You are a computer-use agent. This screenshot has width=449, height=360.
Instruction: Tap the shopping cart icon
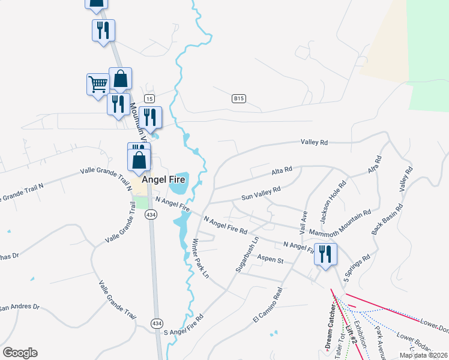click(97, 84)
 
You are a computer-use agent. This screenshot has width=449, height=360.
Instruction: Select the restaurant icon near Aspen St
click(325, 254)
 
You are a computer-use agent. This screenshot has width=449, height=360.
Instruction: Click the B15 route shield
click(239, 98)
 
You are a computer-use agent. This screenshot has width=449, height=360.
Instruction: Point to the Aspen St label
click(270, 260)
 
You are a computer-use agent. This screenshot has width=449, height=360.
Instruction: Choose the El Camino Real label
click(268, 305)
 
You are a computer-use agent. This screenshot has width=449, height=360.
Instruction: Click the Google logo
click(20, 353)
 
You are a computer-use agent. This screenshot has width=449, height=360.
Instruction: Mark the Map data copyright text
click(423, 355)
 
